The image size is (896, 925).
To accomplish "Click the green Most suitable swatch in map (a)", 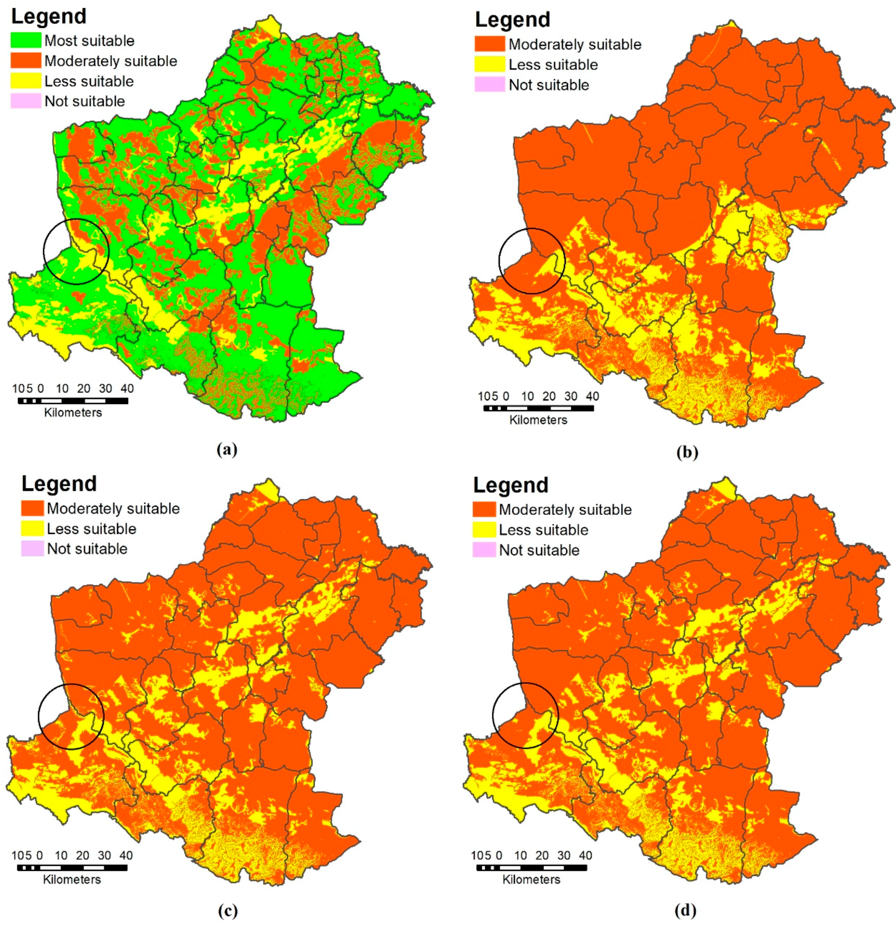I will (x=26, y=40).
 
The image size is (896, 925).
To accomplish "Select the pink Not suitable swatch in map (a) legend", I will (x=26, y=101).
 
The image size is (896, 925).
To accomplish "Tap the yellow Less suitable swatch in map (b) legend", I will (x=489, y=64).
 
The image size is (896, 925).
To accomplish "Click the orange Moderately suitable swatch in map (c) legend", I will (x=32, y=508).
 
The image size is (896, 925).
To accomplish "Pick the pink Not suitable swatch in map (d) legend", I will (x=484, y=550).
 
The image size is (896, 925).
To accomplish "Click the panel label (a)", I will (x=227, y=449).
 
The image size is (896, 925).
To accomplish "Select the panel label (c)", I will (x=228, y=910).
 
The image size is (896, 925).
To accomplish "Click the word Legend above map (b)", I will (x=512, y=20).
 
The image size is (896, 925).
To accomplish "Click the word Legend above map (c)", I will (x=59, y=484).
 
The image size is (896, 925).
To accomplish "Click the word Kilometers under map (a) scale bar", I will (x=73, y=413).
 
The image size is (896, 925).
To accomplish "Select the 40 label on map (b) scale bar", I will (x=592, y=396).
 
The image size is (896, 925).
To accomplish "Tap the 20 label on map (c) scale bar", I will (x=83, y=855).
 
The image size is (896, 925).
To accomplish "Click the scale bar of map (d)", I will (x=531, y=867).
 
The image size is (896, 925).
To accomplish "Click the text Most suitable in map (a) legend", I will (x=89, y=41).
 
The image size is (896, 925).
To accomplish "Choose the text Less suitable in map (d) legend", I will (x=544, y=530).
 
